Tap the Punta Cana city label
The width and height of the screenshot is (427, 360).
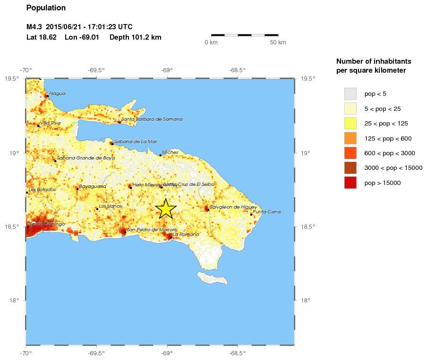click(267, 212)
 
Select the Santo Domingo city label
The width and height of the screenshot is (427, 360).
click(47, 224)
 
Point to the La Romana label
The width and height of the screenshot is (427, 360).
click(183, 234)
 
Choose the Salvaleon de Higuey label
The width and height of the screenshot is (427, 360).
click(233, 207)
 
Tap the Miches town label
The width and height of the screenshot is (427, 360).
click(170, 152)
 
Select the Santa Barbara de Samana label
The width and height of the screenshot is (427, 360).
click(152, 119)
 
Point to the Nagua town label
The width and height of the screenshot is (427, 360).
click(57, 93)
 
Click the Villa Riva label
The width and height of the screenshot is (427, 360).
click(51, 123)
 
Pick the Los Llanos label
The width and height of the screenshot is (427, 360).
click(110, 206)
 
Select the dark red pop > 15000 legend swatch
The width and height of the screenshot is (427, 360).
click(350, 183)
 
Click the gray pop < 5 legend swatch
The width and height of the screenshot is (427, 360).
click(350, 93)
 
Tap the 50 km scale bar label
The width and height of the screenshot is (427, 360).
click(278, 43)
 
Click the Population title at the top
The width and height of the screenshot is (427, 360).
click(46, 8)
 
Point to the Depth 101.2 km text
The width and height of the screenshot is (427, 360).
click(136, 37)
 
